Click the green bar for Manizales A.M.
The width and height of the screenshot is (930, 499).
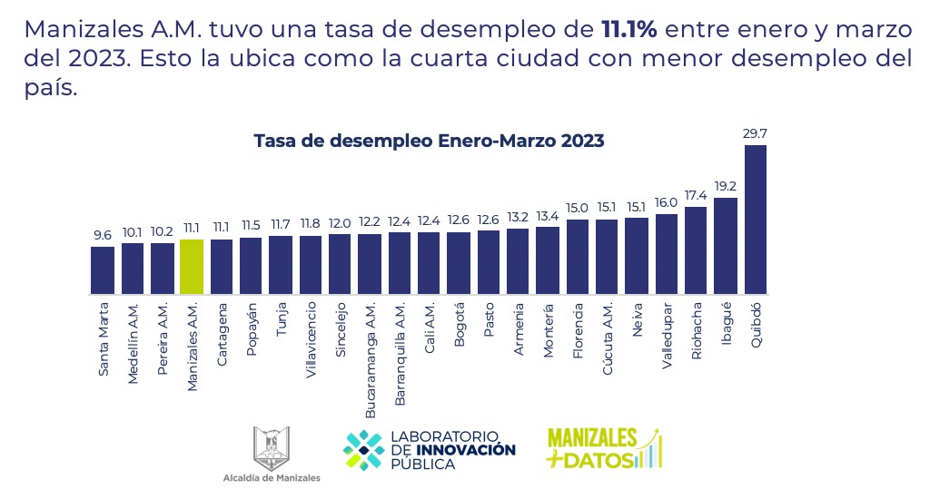point(192,267)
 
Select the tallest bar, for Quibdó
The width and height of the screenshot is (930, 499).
point(756,220)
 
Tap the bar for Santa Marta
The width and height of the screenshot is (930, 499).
point(103,270)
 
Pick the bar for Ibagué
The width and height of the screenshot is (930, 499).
point(726,246)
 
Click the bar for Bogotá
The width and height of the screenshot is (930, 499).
point(459,263)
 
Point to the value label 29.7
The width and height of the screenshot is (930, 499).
point(756,134)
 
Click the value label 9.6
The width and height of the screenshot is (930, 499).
point(103,235)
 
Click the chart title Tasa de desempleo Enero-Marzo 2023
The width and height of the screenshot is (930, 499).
point(429,141)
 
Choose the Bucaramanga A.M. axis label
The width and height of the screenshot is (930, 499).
point(371,359)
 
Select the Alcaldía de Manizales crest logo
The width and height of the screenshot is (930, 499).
point(271,446)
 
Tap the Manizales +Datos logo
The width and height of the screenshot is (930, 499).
point(604,449)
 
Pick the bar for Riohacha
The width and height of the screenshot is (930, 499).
point(696,250)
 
